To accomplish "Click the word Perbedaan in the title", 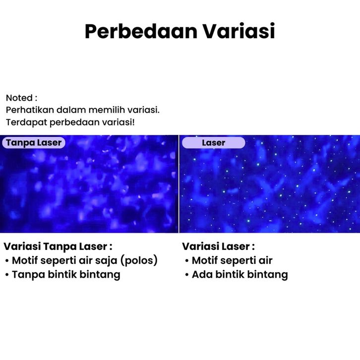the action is (x=141, y=31).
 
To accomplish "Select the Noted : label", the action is (x=22, y=98).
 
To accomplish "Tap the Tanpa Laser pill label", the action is (x=34, y=143).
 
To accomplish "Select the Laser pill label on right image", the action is (x=214, y=143).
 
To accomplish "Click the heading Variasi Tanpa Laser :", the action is (x=58, y=246).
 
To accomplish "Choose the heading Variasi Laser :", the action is (x=218, y=246).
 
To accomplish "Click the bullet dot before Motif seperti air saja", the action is (x=7, y=261).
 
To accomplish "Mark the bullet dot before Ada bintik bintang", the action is (x=187, y=275).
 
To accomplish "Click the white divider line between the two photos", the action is (x=179, y=184).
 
